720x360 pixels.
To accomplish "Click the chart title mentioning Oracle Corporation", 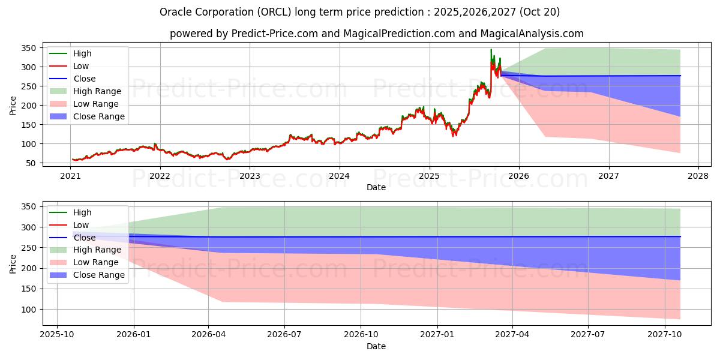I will [360, 12].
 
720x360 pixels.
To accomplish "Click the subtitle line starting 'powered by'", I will [376, 34].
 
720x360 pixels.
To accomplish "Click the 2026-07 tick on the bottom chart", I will [284, 334].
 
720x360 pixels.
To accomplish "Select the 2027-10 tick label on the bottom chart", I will [665, 334].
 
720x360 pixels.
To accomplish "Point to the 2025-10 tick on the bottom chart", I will [57, 334].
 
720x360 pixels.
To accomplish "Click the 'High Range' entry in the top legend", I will [97, 91].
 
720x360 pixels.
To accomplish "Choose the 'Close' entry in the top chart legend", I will [84, 79].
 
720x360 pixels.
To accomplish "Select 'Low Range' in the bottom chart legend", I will [96, 263].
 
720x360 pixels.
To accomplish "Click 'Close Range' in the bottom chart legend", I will [99, 275].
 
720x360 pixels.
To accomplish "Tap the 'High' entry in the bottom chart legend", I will [82, 212].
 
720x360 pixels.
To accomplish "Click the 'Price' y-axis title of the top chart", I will [13, 106].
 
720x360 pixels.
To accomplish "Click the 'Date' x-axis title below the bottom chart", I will [376, 346].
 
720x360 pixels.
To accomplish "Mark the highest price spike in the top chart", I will [491, 50].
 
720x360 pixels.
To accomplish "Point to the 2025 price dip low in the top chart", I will [454, 136].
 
